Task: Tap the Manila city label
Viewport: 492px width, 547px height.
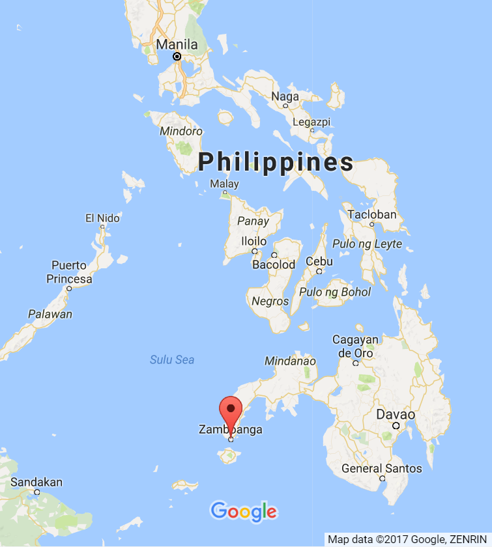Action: (x=177, y=45)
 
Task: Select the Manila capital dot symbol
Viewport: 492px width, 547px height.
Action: (x=177, y=57)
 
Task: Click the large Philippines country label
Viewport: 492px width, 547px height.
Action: (x=276, y=161)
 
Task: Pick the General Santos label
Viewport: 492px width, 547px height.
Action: (x=382, y=468)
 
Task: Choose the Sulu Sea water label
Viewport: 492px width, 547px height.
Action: (x=172, y=359)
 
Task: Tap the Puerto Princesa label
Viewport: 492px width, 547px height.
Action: (x=69, y=272)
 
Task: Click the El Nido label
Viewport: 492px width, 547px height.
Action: (x=103, y=218)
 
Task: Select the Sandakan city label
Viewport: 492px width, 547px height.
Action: (x=36, y=483)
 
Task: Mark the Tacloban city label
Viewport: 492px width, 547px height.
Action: (x=372, y=214)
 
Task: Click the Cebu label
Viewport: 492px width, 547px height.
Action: (x=319, y=262)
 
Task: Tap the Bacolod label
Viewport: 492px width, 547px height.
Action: (x=274, y=264)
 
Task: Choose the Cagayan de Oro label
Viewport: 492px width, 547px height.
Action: (x=355, y=346)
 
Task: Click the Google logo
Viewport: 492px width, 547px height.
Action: (x=244, y=512)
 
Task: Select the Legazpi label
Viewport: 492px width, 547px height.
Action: (x=312, y=122)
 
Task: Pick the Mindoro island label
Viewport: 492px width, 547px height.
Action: (x=181, y=131)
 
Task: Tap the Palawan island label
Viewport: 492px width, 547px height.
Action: (x=50, y=315)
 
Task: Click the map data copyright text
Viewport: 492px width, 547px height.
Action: (x=408, y=539)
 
